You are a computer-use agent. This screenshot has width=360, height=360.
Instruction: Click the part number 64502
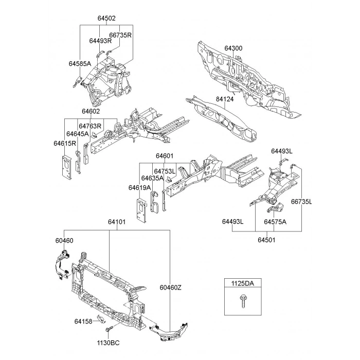click(106, 18)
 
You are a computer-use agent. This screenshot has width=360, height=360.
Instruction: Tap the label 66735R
click(120, 35)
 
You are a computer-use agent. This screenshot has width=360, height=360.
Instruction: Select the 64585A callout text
click(80, 64)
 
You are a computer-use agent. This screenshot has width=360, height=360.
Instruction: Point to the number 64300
click(233, 48)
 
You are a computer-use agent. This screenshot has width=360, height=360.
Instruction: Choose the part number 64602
click(90, 112)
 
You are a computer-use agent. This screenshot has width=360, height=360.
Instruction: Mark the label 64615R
click(65, 143)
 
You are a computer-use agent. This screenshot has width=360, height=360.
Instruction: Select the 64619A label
click(139, 188)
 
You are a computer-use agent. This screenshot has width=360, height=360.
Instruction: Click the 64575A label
click(275, 222)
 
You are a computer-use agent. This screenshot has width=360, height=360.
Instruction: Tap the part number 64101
click(117, 222)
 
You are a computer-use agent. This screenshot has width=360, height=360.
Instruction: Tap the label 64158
click(83, 321)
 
